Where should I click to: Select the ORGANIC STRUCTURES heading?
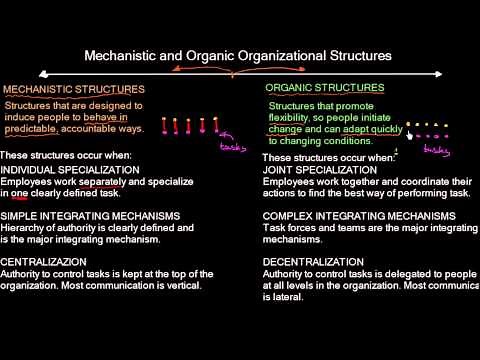[324, 88]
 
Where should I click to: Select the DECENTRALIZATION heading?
[316, 260]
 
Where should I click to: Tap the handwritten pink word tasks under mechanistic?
[234, 147]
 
